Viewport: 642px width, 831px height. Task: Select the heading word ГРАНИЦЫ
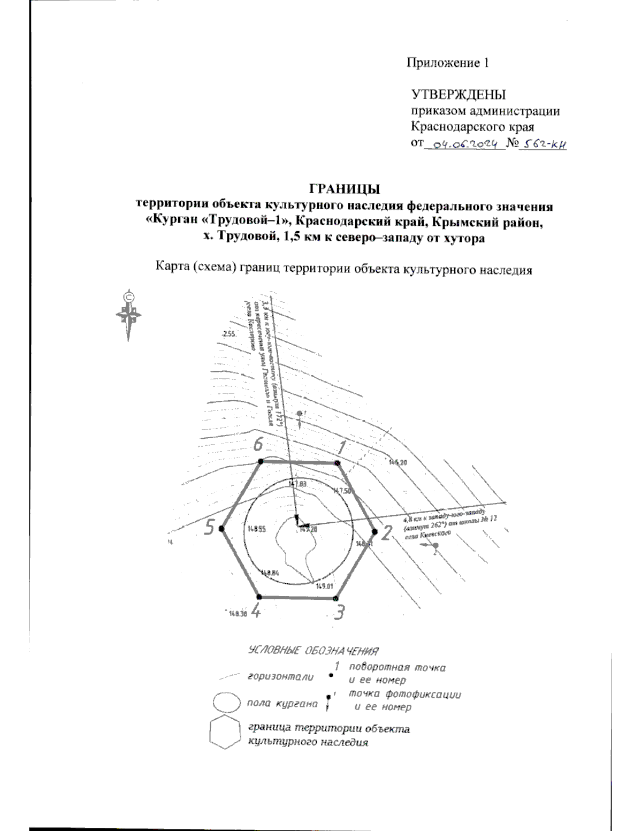point(345,189)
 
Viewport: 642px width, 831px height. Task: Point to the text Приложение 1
point(448,63)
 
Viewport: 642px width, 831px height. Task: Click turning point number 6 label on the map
point(258,444)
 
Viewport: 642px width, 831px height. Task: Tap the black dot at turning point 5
point(221,529)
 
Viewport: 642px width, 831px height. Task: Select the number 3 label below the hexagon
point(339,612)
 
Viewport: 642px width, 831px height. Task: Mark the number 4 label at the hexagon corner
point(256,611)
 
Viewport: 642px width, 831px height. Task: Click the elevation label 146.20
point(399,462)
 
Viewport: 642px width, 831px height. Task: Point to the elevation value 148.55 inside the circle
point(257,529)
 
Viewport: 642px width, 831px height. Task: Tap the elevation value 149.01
point(324,586)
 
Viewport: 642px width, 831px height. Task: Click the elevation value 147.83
point(297,484)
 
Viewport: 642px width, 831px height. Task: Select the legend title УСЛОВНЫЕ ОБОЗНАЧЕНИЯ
point(314,651)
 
